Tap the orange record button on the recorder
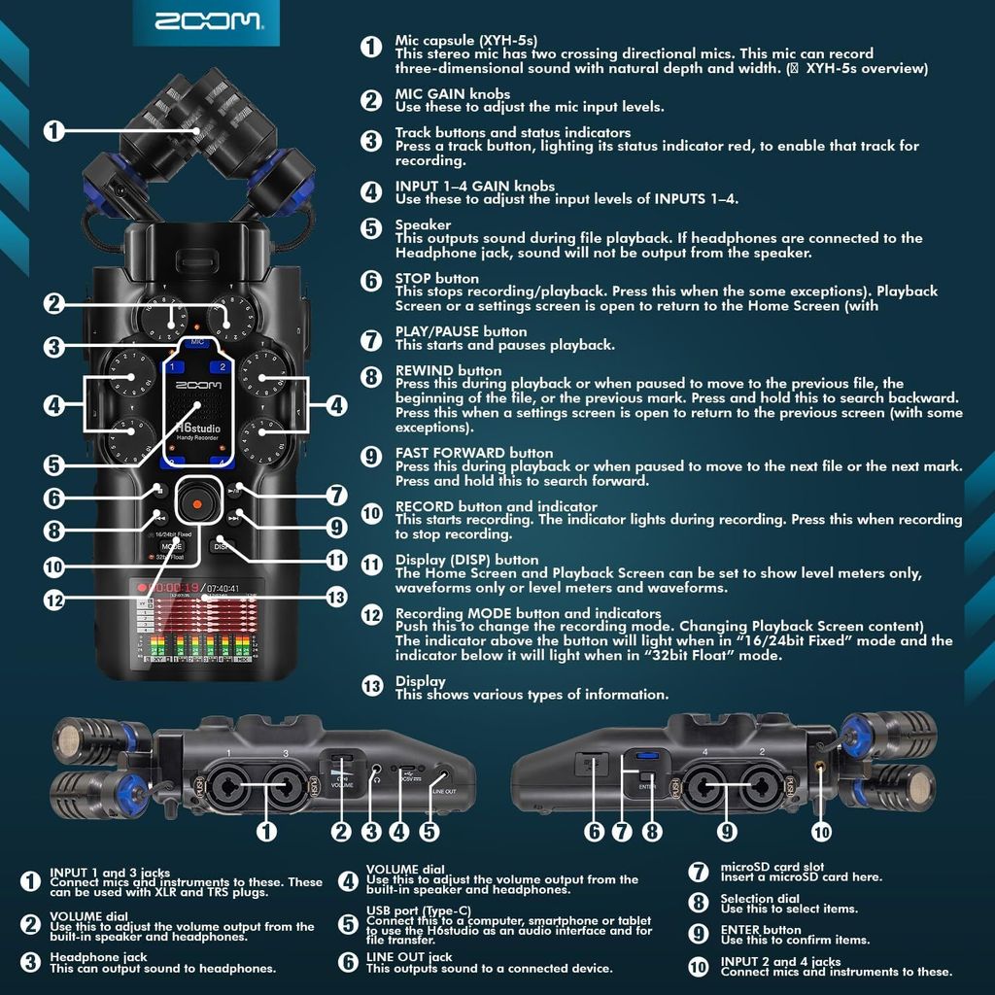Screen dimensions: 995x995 tap(196, 504)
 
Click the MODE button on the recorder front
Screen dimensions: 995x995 tap(171, 546)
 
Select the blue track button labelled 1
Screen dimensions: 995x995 tap(175, 367)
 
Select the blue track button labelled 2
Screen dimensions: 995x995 tap(223, 367)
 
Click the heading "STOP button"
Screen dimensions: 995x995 tap(436, 279)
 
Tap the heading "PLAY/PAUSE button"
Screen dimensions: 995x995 tap(461, 332)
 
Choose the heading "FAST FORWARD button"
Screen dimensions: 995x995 tap(474, 454)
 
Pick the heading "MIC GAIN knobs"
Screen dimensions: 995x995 tap(452, 94)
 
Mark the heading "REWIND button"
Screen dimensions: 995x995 tap(448, 371)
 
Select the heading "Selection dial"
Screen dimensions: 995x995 tap(760, 899)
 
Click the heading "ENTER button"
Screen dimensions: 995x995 tap(761, 930)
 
